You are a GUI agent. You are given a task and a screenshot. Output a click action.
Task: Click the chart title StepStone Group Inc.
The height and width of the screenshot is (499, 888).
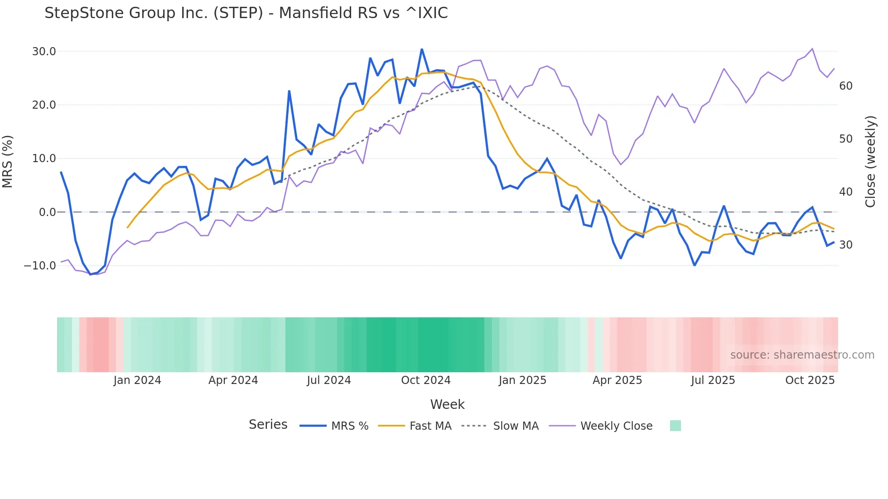coord(246,13)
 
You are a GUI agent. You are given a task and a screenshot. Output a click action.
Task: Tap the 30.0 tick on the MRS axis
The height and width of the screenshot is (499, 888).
coord(44,52)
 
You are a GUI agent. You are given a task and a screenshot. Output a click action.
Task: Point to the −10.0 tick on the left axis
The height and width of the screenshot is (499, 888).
coord(40,266)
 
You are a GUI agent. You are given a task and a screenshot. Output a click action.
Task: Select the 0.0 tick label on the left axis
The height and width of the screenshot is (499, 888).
coord(47,212)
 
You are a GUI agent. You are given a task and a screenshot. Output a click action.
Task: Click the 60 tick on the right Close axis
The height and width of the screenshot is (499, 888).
coord(846,86)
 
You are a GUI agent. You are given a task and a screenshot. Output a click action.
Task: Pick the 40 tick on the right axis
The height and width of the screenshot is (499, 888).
coord(846,192)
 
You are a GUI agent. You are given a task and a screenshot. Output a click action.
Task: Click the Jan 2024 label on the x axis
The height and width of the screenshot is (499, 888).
coord(137,380)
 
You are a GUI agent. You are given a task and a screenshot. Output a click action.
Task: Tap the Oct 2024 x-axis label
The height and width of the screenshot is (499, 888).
coord(426,380)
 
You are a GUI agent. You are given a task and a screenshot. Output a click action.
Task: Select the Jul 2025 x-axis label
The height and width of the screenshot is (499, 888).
coord(713,380)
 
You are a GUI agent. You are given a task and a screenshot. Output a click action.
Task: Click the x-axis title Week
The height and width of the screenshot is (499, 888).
coord(447,404)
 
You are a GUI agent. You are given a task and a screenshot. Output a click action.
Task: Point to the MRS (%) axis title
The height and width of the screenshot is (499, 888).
coord(8,162)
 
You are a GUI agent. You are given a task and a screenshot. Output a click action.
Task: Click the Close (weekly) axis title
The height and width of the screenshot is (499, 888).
coord(870,162)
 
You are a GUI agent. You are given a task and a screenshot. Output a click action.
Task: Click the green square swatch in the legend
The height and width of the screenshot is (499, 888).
coord(675,426)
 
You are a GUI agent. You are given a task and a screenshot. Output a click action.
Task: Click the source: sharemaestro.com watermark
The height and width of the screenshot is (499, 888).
coord(802,355)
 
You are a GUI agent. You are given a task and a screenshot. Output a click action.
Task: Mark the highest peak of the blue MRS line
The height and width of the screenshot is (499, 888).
coord(422,49)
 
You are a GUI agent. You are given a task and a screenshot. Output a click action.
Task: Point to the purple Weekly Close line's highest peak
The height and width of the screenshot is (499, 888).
coord(812,48)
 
